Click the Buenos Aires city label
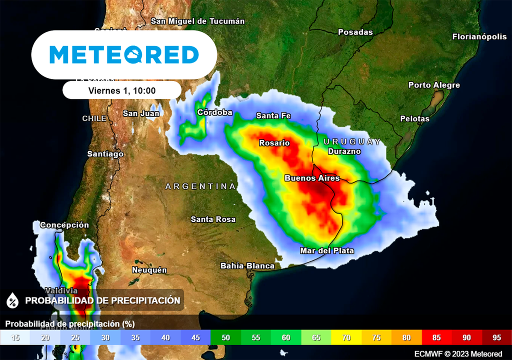(312, 178)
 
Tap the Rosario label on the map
(274, 143)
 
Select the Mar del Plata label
(327, 250)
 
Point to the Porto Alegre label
(434, 85)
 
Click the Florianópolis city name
(479, 36)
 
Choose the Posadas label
(355, 32)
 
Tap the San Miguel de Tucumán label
(198, 21)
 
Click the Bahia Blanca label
(247, 265)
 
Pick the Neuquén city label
(149, 270)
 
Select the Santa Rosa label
(213, 219)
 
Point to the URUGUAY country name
(352, 141)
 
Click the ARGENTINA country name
(200, 186)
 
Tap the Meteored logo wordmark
(124, 54)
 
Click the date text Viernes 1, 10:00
(122, 90)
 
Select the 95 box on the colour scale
(496, 337)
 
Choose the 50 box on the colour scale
(225, 337)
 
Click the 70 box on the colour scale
(346, 337)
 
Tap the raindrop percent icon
(12, 300)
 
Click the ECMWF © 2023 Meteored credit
(458, 354)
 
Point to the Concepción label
(64, 225)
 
